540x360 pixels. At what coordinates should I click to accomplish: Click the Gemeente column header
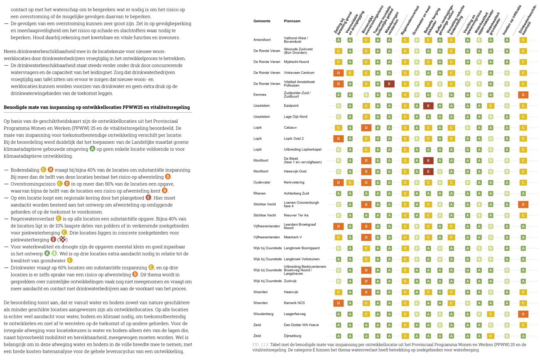[x=262, y=21]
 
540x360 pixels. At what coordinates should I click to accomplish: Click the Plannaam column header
[x=292, y=21]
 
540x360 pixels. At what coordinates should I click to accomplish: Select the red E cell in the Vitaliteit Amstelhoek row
[x=389, y=84]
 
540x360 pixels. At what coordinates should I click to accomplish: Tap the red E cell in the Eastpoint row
[x=428, y=106]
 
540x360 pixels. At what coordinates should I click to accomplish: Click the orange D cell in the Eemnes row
[x=523, y=95]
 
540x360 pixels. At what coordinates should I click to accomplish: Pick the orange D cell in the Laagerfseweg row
[x=523, y=314]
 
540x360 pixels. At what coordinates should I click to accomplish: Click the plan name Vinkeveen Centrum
[x=299, y=73]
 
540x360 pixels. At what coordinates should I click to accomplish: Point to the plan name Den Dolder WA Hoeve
[x=301, y=325]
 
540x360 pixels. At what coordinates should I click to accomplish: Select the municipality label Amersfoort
[x=262, y=40]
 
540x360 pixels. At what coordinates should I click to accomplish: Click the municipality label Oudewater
[x=262, y=182]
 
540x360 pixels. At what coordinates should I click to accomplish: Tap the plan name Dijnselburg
[x=292, y=336]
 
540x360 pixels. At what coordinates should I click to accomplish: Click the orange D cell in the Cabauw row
[x=366, y=128]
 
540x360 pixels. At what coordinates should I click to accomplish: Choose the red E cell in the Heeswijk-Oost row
[x=428, y=171]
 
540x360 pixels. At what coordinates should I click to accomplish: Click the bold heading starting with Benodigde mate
[x=97, y=107]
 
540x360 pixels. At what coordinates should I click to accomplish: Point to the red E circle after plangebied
[x=148, y=198]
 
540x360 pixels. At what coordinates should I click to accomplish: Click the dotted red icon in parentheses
[x=62, y=240]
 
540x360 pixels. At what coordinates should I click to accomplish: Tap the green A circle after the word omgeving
[x=92, y=149]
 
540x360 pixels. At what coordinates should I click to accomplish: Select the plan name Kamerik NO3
[x=294, y=303]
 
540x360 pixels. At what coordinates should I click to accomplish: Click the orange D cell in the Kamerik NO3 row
[x=338, y=303]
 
